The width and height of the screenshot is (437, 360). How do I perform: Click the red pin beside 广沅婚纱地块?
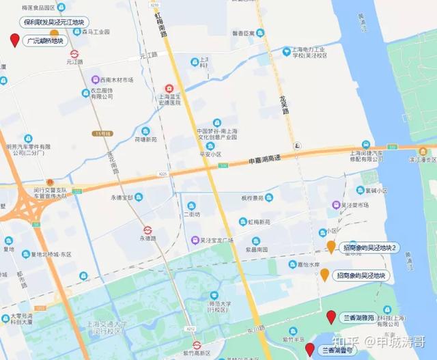pos(14,40)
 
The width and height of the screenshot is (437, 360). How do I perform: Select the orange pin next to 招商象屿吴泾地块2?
pos(331,247)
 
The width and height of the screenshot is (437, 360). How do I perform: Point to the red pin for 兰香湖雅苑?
pos(331,316)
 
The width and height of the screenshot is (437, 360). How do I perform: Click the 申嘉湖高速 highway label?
pos(263,159)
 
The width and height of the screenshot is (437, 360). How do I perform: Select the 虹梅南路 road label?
pos(159,25)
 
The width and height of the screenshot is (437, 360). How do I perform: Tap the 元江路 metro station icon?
pos(74,53)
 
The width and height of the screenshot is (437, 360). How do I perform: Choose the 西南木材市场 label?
pos(115,80)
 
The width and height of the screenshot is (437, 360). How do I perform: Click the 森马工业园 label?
pos(96,31)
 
